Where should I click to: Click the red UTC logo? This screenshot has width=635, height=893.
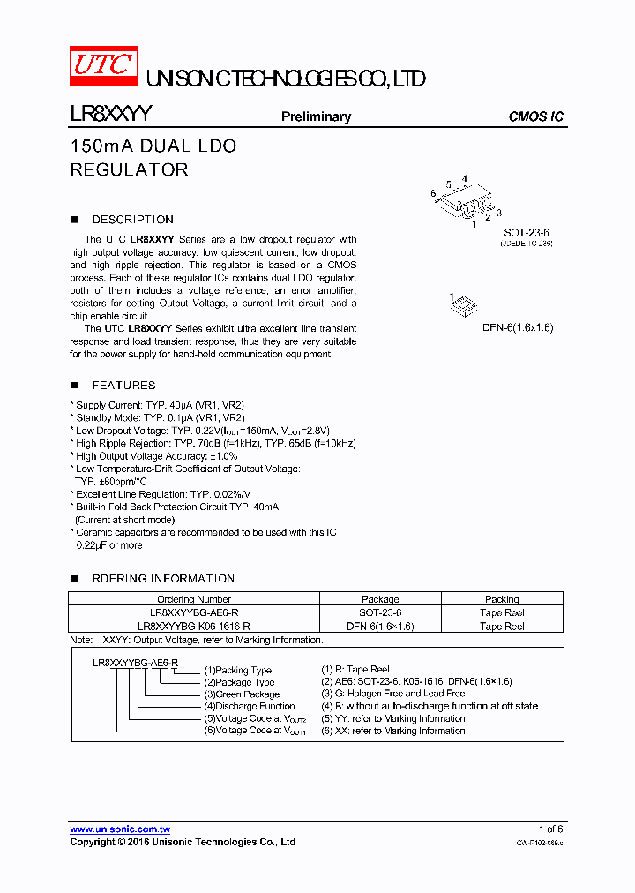103,67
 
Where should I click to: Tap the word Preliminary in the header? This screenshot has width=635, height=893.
316,116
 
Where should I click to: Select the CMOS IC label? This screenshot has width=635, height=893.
535,116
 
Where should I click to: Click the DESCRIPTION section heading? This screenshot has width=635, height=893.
132,220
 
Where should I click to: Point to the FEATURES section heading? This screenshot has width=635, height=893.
123,386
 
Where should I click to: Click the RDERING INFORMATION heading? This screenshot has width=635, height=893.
163,579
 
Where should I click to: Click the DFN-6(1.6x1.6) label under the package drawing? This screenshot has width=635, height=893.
517,327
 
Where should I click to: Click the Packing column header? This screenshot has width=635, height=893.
502,599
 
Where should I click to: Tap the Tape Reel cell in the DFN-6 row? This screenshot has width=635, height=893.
502,626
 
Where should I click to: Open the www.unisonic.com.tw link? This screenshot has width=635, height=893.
120,829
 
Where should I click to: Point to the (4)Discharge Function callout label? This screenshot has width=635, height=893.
250,706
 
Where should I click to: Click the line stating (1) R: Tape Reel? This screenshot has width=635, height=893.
355,670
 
